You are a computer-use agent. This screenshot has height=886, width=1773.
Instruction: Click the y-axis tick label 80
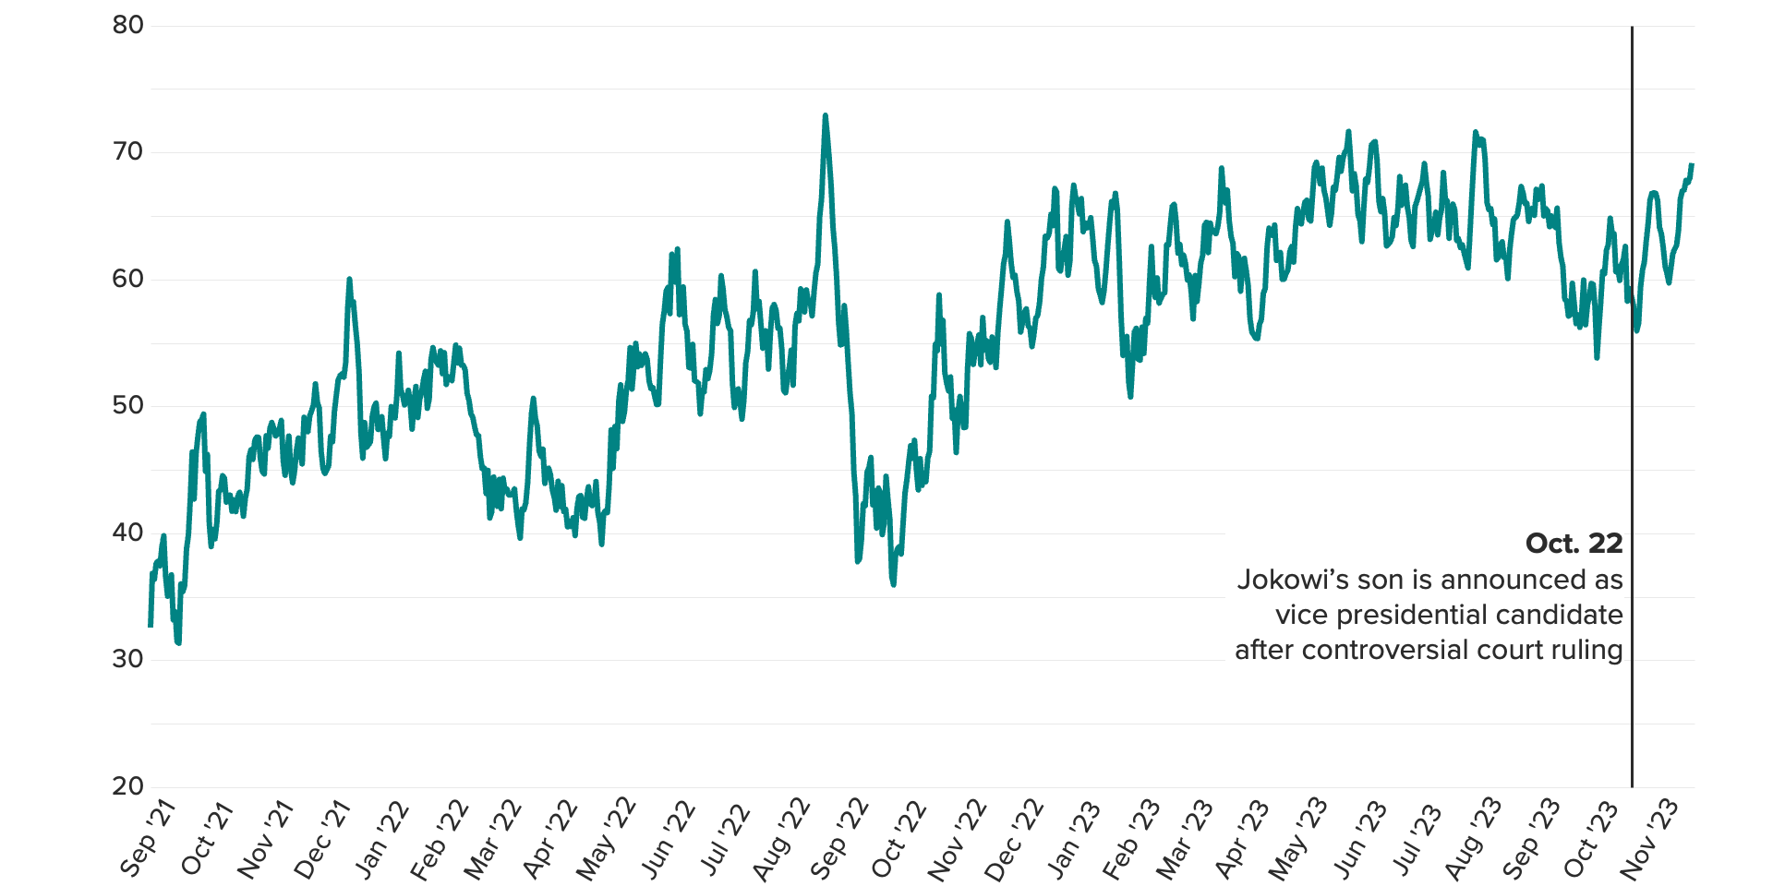(128, 26)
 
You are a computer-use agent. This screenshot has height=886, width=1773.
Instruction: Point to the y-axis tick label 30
(128, 660)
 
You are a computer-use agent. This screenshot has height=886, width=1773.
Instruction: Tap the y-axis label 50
(128, 406)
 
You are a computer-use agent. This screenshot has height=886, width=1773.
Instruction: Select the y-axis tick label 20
(128, 787)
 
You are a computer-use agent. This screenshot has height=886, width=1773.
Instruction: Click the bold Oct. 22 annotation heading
(1574, 544)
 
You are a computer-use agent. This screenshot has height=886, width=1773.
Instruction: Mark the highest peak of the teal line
(825, 115)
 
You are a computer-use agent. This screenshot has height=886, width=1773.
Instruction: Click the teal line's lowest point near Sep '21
(178, 643)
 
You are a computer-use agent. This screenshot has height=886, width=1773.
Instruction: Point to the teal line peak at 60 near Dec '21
(349, 279)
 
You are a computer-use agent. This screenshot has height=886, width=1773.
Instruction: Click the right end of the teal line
(1692, 165)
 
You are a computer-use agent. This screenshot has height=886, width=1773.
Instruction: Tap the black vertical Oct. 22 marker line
(1632, 415)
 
